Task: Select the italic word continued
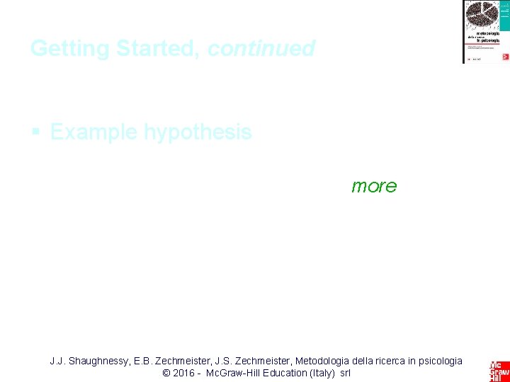pos(261,49)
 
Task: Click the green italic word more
pos(374,186)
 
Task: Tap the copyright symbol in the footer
pos(166,373)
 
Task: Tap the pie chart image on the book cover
pos(481,14)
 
